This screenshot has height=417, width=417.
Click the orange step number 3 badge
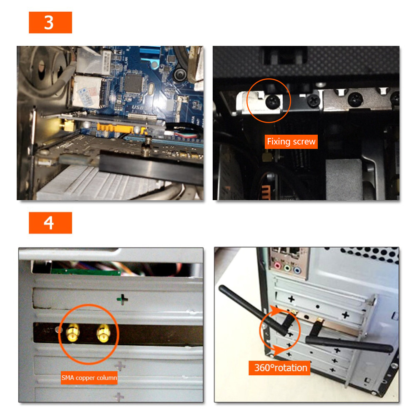point(50,23)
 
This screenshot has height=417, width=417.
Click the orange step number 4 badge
point(50,223)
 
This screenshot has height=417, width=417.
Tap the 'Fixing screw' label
point(291,142)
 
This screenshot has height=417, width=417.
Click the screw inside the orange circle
point(273,101)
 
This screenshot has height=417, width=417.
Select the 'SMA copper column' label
point(89,378)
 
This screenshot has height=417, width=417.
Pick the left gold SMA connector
point(73,332)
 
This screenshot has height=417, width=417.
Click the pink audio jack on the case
point(278,265)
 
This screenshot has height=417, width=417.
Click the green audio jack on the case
point(287,268)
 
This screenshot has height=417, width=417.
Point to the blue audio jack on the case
point(297,271)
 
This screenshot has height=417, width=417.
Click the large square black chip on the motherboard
point(134,83)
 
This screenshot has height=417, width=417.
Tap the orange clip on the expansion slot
point(121,128)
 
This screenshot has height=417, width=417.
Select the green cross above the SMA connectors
point(122,299)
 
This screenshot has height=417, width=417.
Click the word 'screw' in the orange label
point(304,142)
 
